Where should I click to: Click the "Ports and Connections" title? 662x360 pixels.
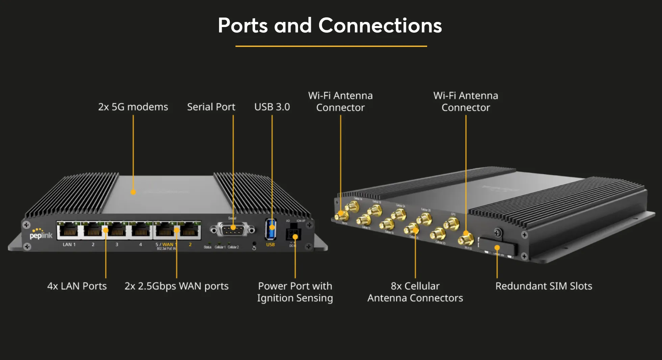coord(330,26)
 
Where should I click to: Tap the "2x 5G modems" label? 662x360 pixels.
coord(133,107)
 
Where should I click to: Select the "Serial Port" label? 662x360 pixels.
coord(211,107)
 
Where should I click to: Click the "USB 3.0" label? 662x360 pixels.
coord(272,107)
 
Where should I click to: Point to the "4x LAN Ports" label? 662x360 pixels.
coord(77,286)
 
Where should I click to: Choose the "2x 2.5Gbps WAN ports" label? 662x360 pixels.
coord(176,286)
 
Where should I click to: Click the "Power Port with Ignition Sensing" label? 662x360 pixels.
coord(295,292)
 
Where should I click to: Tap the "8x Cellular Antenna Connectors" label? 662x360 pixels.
coord(415,292)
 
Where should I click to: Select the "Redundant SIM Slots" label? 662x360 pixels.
coord(543,286)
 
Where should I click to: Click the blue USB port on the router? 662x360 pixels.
coord(271,229)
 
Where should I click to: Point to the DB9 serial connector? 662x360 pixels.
coord(233,230)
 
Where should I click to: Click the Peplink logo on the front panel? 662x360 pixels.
coord(41,234)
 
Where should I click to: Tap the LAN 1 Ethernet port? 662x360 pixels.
coord(70,231)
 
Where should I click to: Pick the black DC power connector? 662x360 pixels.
coord(293,234)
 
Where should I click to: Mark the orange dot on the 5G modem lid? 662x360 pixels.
coord(133,192)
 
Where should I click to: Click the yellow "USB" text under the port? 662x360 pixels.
coord(270,245)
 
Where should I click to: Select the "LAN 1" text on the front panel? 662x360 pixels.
coord(69,245)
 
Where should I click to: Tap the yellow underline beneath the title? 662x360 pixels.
coord(331,46)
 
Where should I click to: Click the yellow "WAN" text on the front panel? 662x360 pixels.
coord(168,244)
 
